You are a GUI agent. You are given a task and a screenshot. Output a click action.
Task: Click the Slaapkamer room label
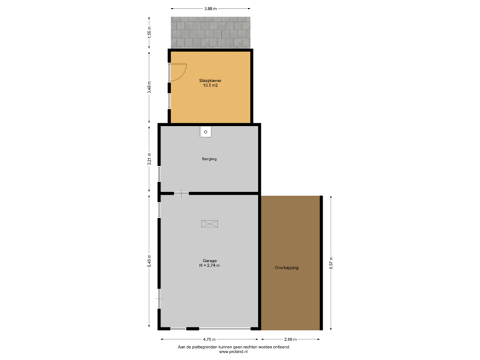pos(210,80)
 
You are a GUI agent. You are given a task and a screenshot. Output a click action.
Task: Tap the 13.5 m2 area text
pos(210,85)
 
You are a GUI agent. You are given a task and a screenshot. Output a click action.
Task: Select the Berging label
pos(210,159)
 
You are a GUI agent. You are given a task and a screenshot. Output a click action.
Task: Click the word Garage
pos(210,260)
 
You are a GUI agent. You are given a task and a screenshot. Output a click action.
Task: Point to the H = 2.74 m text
pos(210,265)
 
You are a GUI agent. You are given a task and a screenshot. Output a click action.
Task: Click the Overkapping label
pos(287,267)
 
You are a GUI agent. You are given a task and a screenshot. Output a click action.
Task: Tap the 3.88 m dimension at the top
pos(210,9)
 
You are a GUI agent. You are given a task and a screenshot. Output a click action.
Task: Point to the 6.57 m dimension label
pos(331,263)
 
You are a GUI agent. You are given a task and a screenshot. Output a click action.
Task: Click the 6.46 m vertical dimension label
pos(149,260)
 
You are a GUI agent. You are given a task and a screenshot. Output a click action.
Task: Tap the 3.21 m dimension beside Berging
pos(149,159)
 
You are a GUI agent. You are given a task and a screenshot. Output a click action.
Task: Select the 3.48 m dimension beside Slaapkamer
pos(149,87)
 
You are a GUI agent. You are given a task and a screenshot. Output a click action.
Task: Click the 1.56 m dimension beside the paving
pos(149,32)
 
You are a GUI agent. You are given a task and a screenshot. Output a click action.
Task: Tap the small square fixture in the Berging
pos(206,132)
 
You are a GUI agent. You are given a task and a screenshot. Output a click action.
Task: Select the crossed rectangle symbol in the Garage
pos(210,223)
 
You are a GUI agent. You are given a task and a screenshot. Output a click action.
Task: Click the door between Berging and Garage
pos(181,193)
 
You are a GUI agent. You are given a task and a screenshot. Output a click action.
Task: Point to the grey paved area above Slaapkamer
pos(210,32)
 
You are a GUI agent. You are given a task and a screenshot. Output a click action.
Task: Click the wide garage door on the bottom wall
pos(225,329)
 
